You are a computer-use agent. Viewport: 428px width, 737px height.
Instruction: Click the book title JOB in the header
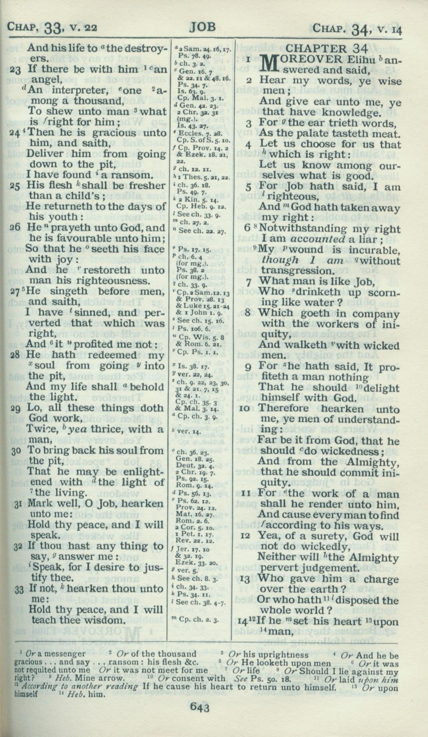pyautogui.click(x=202, y=27)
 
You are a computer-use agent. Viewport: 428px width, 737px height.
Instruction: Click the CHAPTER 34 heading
pyautogui.click(x=327, y=49)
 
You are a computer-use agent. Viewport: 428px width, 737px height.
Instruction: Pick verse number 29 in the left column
pyautogui.click(x=15, y=408)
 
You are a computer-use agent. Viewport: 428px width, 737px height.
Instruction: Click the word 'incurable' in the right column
pyautogui.click(x=374, y=250)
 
